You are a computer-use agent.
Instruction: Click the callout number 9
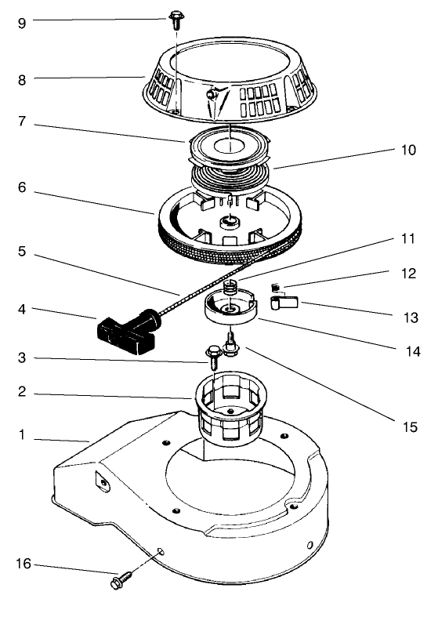tap(22, 23)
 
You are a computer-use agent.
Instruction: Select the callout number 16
tap(23, 564)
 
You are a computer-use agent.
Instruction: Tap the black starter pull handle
tap(125, 330)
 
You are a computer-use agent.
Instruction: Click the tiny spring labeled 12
tap(275, 285)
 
